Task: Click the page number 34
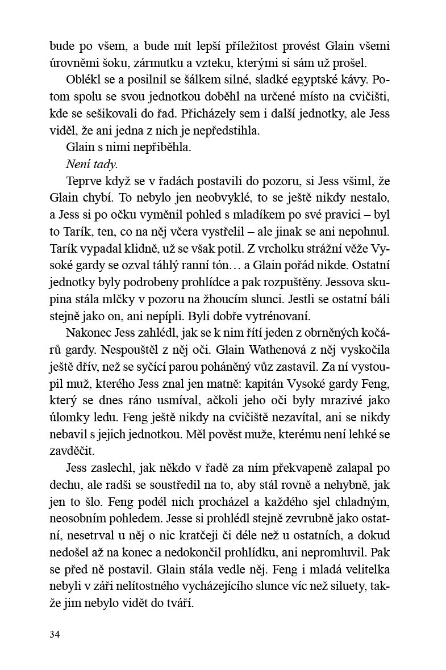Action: [55, 634]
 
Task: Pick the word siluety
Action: [350, 586]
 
